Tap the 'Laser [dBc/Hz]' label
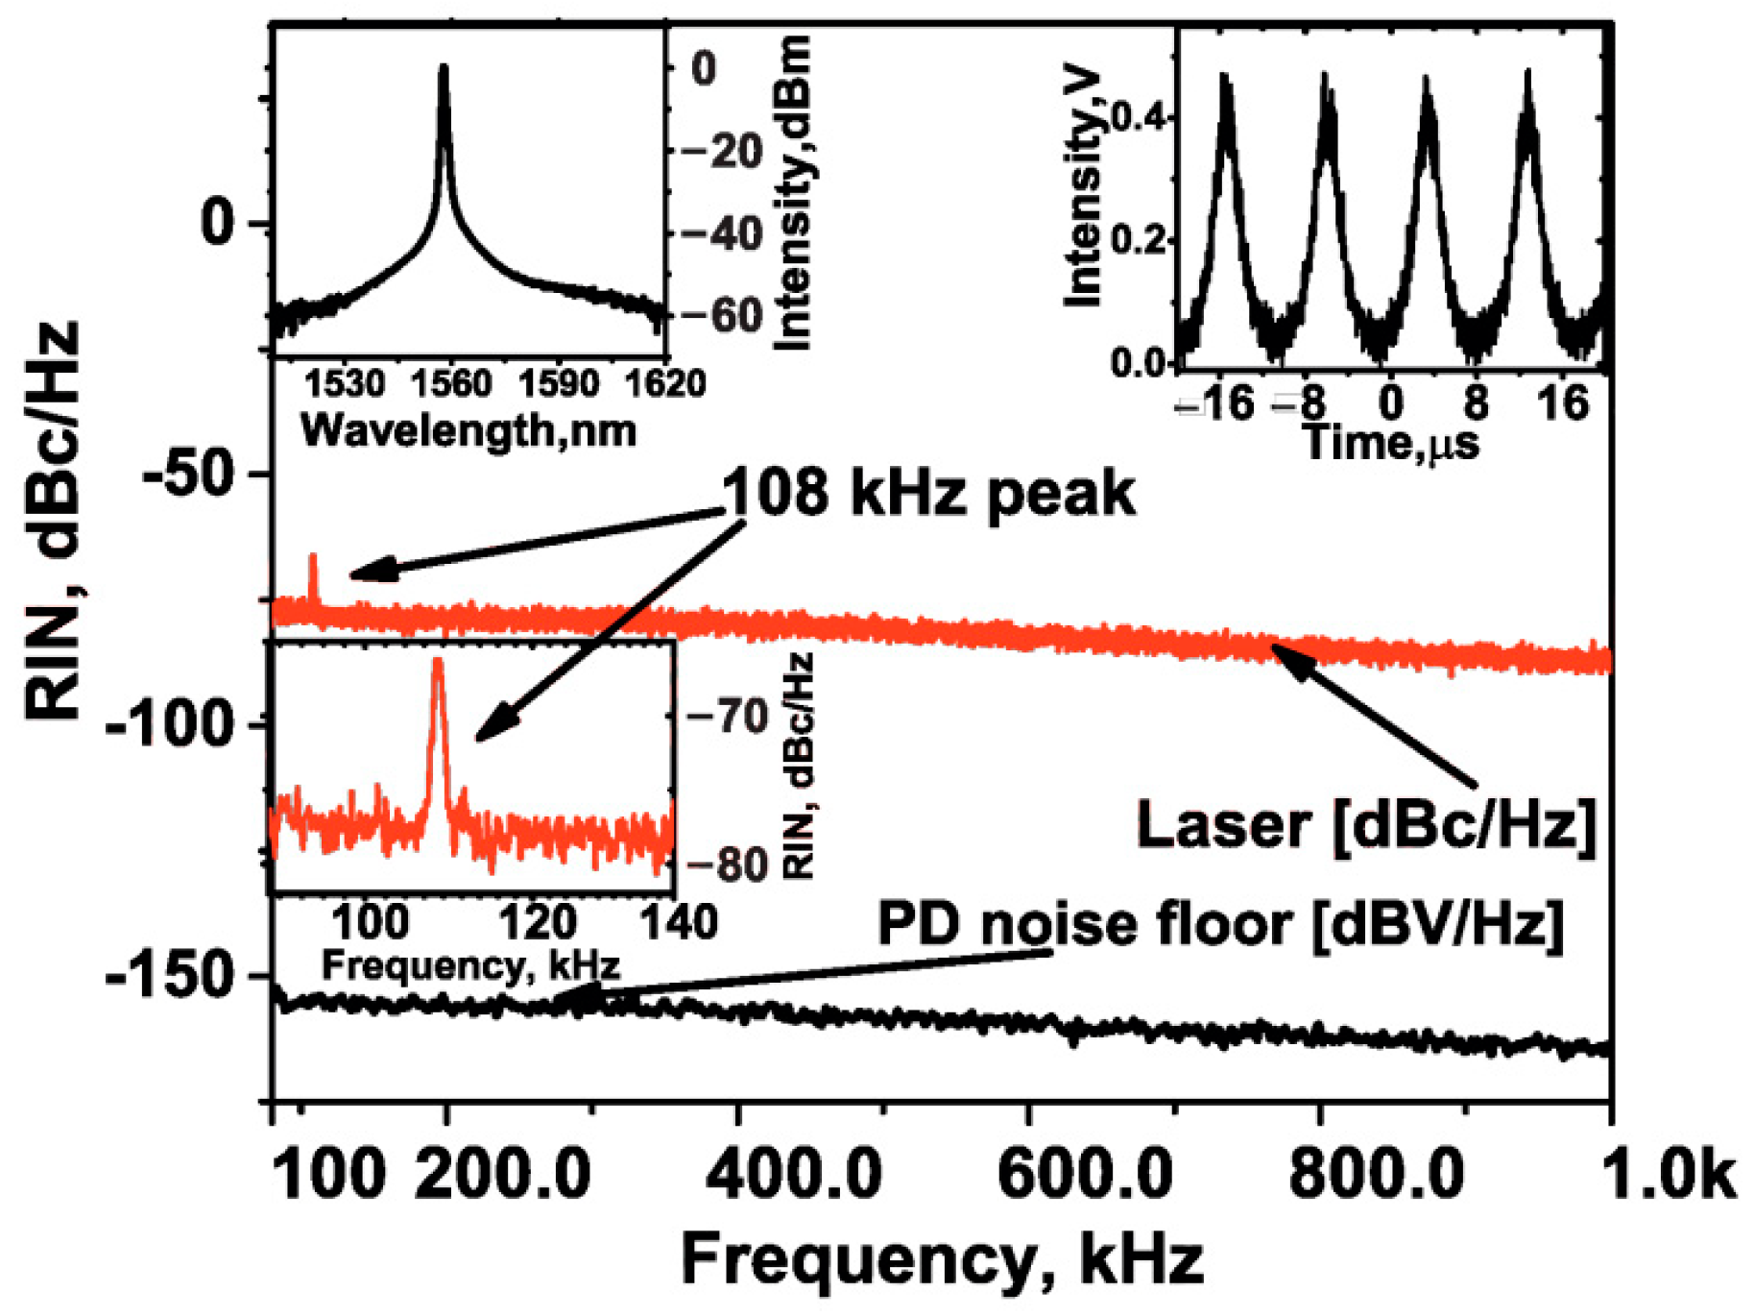[x=1366, y=824]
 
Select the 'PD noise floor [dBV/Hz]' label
[x=1220, y=924]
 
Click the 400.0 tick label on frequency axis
[x=794, y=1174]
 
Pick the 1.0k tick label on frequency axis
[x=1670, y=1174]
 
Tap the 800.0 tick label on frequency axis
[x=1376, y=1174]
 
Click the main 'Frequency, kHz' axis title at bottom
[x=942, y=1259]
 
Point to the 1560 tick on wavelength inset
[x=450, y=383]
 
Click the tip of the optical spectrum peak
[x=444, y=67]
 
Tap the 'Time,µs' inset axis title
[x=1391, y=443]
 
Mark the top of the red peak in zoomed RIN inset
[x=439, y=661]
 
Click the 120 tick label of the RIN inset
[x=538, y=923]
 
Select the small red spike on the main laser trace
[x=313, y=556]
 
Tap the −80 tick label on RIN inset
[x=727, y=865]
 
